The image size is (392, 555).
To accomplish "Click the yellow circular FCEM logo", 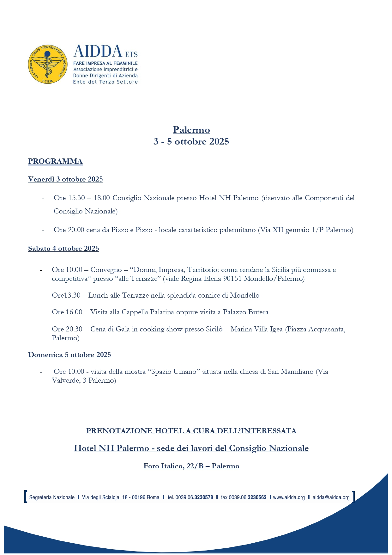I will tap(48, 64).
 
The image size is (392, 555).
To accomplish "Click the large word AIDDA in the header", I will tap(97, 52).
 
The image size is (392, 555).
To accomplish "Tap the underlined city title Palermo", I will tap(191, 130).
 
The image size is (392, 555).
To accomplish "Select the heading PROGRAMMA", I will tap(55, 161).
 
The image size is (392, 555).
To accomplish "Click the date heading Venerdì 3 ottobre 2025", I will tap(65, 179).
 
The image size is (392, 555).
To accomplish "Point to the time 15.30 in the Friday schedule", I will tap(76, 198).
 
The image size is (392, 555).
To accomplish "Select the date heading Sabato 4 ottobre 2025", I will tap(63, 249).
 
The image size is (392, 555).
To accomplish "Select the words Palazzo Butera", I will tap(245, 312).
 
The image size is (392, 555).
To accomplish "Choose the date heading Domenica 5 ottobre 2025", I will tap(69, 355).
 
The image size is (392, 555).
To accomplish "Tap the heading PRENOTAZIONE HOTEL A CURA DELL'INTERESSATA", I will tap(191, 431).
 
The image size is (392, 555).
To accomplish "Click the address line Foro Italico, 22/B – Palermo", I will tap(191, 466).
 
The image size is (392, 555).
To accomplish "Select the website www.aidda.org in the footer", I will tap(289, 497).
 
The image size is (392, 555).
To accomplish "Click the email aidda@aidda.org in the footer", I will tap(331, 497).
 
